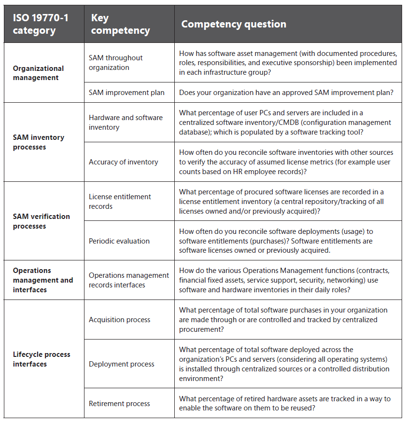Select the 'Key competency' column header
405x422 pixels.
[x=120, y=24]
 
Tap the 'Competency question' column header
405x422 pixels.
[x=234, y=24]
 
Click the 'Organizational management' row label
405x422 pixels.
[x=38, y=73]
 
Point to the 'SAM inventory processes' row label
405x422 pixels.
[x=38, y=142]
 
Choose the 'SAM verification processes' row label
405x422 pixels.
[x=41, y=221]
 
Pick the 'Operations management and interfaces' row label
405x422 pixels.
[x=43, y=280]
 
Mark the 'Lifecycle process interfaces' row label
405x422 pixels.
[x=41, y=359]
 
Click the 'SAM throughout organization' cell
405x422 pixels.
[x=115, y=63]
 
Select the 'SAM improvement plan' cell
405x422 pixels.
[x=126, y=93]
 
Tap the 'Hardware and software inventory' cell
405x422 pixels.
[x=126, y=123]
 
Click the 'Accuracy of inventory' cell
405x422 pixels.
[x=123, y=162]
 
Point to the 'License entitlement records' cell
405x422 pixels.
[x=120, y=202]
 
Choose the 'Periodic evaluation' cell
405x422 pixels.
[x=119, y=241]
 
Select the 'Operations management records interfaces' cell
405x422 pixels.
[x=128, y=280]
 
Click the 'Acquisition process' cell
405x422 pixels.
[x=119, y=320]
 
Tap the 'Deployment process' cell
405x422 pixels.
[x=121, y=364]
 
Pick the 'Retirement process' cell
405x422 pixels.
[x=119, y=404]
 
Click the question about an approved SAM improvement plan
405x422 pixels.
[x=286, y=93]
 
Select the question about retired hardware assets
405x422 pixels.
[x=285, y=404]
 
